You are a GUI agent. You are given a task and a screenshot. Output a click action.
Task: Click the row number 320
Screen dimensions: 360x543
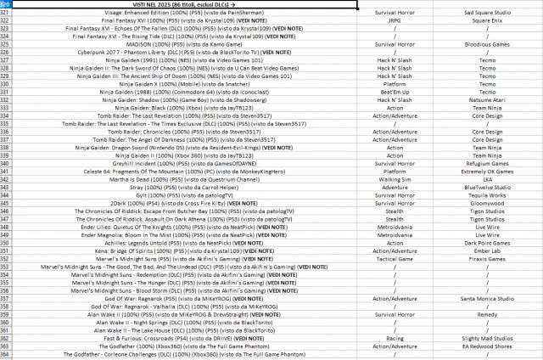(x=5, y=5)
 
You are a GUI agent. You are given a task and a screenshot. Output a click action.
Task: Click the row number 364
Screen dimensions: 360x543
(x=5, y=352)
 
